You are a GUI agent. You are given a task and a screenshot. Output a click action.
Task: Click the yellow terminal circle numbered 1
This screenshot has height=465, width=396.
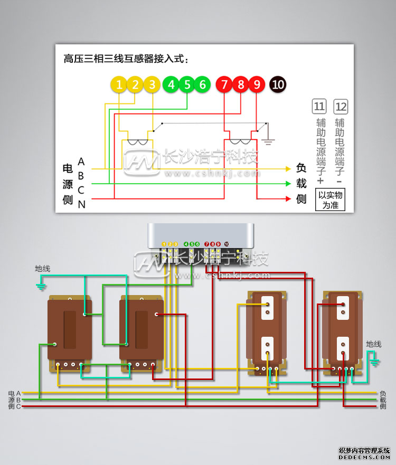(120, 84)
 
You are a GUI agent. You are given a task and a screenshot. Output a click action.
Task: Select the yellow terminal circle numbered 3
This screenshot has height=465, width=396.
(152, 84)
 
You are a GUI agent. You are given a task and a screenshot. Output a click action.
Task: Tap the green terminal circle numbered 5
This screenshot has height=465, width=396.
(186, 84)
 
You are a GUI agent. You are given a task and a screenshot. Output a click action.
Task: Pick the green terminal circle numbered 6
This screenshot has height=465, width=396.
(202, 84)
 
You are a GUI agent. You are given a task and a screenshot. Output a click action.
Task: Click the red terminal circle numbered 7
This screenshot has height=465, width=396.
(224, 84)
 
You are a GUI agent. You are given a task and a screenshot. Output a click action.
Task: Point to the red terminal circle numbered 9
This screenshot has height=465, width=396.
(257, 84)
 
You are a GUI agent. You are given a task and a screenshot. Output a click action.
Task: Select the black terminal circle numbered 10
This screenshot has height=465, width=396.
(278, 84)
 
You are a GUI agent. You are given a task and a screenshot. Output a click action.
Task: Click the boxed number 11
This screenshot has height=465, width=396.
(319, 107)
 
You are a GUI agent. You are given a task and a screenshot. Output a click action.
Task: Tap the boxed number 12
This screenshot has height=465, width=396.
(341, 107)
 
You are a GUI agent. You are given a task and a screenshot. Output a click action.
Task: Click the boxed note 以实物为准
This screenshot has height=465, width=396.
(331, 200)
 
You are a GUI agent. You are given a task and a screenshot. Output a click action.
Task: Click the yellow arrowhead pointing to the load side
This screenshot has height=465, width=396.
(288, 169)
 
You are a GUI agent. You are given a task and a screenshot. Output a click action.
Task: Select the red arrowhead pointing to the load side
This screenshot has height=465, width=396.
(288, 199)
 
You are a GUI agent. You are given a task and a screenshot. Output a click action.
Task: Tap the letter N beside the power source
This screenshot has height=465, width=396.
(81, 204)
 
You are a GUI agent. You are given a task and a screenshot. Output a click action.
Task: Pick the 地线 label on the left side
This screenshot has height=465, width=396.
(42, 269)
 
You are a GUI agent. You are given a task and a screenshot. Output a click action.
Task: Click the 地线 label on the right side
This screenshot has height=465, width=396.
(373, 344)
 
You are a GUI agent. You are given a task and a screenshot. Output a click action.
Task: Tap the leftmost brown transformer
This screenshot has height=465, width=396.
(70, 333)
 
